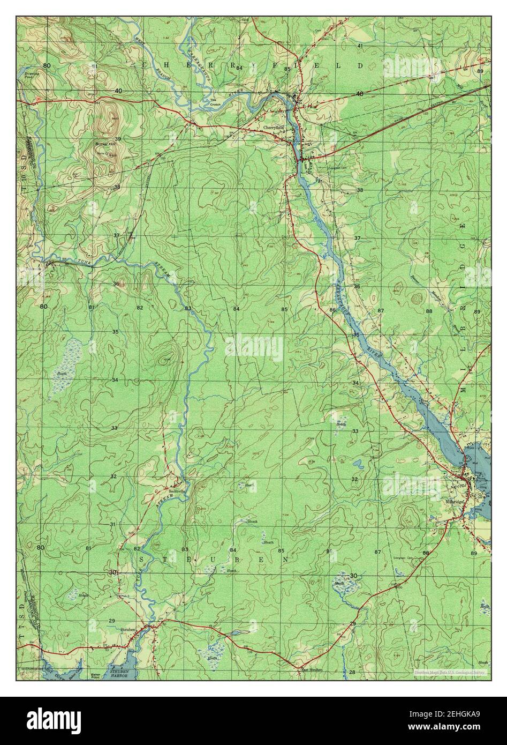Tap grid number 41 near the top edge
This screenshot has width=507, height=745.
pyautogui.click(x=360, y=46)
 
